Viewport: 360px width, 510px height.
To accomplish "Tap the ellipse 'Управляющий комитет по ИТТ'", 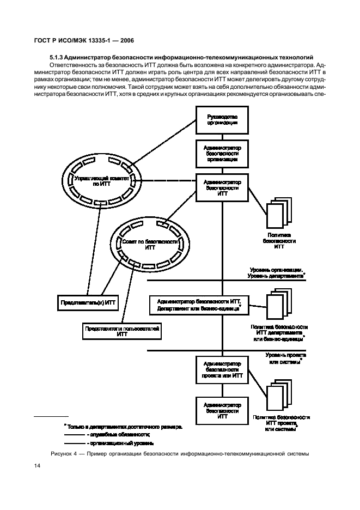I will point(101,181).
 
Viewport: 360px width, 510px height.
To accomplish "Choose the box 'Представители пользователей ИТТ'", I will point(122,331).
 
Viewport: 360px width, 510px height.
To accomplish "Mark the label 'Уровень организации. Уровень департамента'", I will point(276,273).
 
